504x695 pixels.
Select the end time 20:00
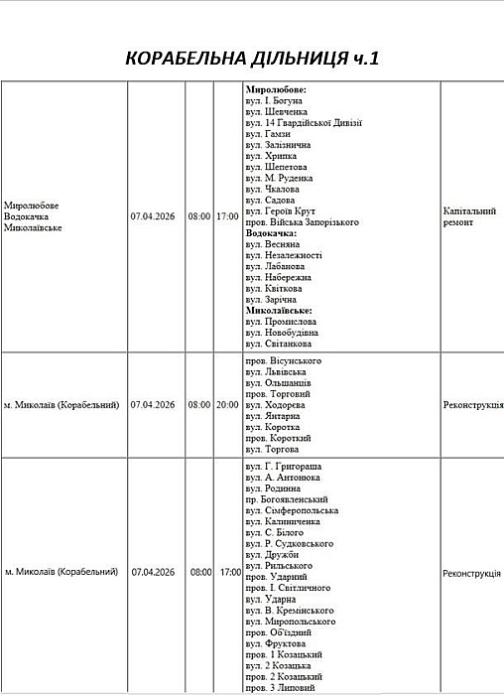(x=228, y=405)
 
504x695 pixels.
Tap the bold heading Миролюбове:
(x=276, y=89)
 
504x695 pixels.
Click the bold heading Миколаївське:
(x=282, y=311)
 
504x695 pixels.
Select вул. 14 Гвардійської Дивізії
(x=303, y=123)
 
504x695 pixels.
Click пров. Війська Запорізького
(x=302, y=222)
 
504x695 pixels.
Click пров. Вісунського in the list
(x=283, y=360)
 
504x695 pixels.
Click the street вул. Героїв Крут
(x=282, y=211)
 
